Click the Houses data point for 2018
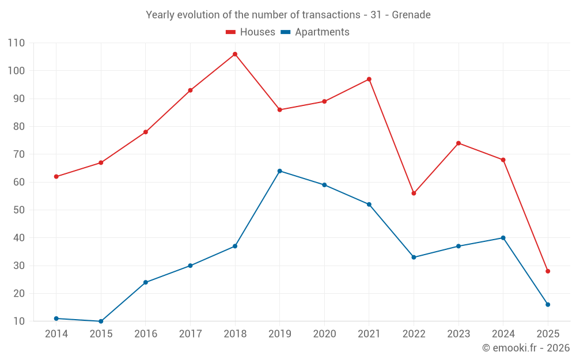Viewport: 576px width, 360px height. [235, 54]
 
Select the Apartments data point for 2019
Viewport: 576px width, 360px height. [280, 171]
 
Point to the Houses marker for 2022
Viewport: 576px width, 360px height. [414, 193]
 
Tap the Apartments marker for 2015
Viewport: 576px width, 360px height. [101, 321]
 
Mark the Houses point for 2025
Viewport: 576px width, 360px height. [548, 271]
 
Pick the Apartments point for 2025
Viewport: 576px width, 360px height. [548, 305]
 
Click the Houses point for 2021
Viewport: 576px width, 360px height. [369, 79]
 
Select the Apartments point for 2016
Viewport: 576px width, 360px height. [146, 282]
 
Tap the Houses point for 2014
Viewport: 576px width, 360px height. [56, 176]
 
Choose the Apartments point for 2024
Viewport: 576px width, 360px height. [503, 238]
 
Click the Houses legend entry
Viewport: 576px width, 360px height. [251, 32]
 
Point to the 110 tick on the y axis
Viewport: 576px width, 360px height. [17, 43]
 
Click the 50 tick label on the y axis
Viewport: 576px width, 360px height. [19, 210]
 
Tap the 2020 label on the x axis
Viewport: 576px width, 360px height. [324, 334]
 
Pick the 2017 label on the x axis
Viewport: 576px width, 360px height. [190, 334]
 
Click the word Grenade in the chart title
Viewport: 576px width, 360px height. [411, 15]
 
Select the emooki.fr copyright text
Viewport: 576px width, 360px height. [526, 348]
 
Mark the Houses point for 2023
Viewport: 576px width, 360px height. [458, 143]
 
